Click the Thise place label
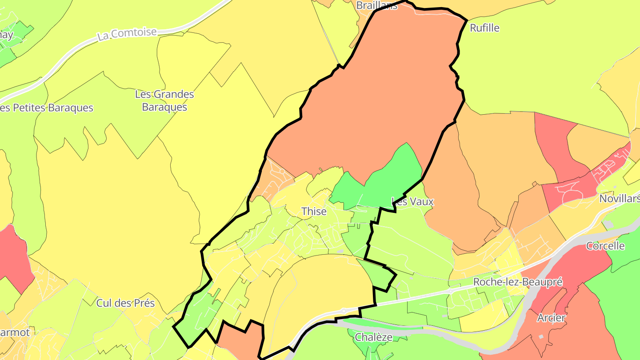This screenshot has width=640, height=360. coord(314,212)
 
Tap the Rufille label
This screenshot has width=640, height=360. coord(484,28)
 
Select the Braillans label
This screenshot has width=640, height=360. coord(377,5)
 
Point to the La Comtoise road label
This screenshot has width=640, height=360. coord(127,34)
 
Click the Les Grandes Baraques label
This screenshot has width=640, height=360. coord(164,101)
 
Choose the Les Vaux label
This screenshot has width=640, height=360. coord(412,201)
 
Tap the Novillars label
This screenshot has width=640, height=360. coord(619,198)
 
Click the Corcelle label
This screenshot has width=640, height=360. coord(605,246)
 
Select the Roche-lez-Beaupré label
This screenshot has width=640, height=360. coord(518,282)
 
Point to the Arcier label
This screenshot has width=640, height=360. coord(551,318)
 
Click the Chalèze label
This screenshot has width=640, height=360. coord(373,337)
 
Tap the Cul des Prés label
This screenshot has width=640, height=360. coord(125,303)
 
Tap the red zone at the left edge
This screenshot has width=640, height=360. coord(13,258)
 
